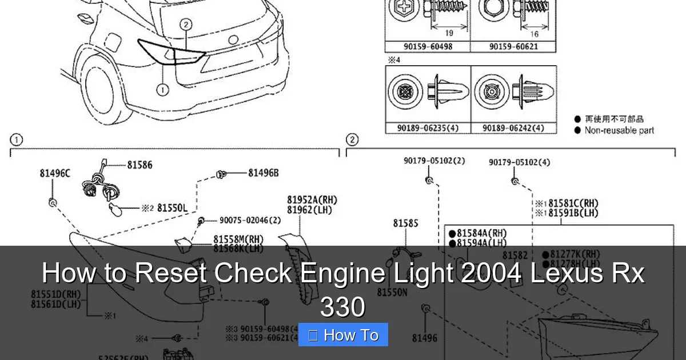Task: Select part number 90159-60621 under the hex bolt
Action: (x=513, y=46)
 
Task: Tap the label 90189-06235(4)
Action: (x=428, y=129)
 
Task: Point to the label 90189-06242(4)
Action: (x=513, y=129)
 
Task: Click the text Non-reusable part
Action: (x=619, y=130)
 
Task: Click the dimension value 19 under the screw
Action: (x=449, y=34)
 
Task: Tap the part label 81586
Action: (x=139, y=165)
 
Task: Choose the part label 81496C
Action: (x=55, y=173)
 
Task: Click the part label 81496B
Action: (x=263, y=173)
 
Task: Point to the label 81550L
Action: (x=172, y=209)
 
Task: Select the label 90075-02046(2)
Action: (x=250, y=221)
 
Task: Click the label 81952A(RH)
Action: (x=312, y=200)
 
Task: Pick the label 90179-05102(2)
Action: (x=434, y=161)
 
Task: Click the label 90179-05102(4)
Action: (x=519, y=163)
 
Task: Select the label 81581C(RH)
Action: (x=573, y=203)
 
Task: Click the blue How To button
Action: (x=343, y=335)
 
